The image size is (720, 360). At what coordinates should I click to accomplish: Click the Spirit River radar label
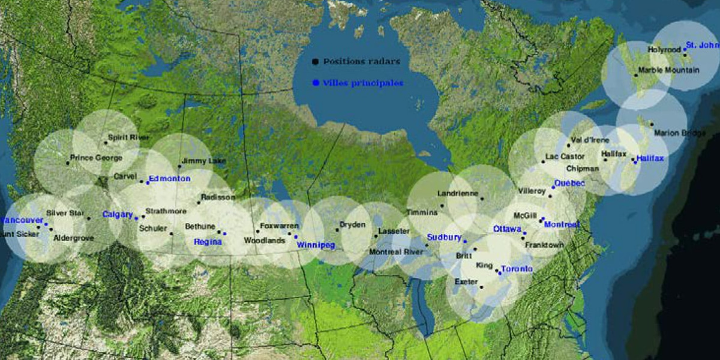click(x=128, y=137)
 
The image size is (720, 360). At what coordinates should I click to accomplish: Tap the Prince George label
click(x=96, y=158)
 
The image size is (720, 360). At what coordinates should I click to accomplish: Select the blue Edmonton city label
click(x=170, y=178)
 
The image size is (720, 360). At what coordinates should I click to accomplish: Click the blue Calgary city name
click(x=118, y=214)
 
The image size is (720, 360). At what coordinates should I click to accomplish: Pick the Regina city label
click(x=208, y=242)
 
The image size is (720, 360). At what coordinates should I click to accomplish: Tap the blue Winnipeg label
click(x=315, y=245)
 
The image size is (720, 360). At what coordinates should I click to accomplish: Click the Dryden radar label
click(x=353, y=224)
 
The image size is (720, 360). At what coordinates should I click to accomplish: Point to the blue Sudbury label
click(x=445, y=237)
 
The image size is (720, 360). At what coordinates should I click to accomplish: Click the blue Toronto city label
click(x=517, y=269)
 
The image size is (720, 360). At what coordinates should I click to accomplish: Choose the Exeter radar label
click(x=466, y=281)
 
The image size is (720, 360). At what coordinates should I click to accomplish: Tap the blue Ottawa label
click(x=507, y=229)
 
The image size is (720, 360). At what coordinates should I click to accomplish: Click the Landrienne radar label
click(x=458, y=193)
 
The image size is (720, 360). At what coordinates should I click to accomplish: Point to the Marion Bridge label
click(x=679, y=133)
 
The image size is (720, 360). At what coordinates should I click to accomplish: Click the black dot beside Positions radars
click(x=315, y=61)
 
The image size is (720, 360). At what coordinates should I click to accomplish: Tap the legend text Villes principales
click(x=362, y=83)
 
